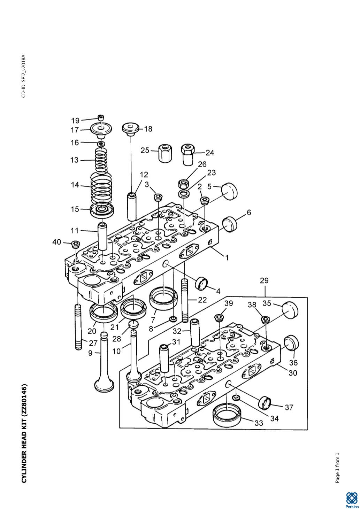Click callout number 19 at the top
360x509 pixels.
75,120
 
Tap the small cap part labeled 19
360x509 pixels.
101,117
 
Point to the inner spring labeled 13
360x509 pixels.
101,160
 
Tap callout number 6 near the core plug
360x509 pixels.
249,213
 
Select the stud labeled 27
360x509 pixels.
78,327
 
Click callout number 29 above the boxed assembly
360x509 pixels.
264,281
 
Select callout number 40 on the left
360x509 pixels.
56,242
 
